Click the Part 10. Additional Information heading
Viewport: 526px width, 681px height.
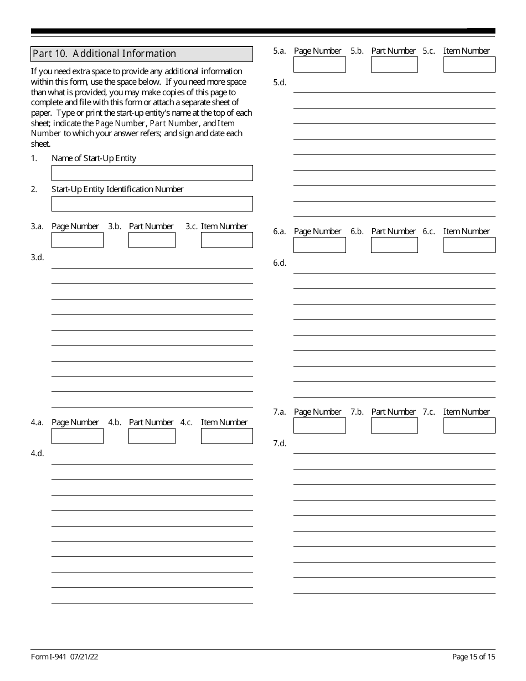click(x=104, y=54)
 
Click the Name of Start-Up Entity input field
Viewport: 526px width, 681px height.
click(x=152, y=173)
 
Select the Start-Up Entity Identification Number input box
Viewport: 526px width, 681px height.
click(x=152, y=204)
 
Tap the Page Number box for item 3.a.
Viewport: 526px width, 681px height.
click(x=78, y=240)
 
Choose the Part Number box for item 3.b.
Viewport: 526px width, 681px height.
click(x=152, y=240)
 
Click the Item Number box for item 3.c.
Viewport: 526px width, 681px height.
click(x=226, y=240)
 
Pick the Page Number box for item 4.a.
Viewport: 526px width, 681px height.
click(x=78, y=436)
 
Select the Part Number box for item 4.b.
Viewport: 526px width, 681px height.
click(x=152, y=436)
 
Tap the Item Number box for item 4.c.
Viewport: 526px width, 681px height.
click(x=226, y=436)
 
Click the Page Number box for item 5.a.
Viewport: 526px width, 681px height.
click(x=319, y=65)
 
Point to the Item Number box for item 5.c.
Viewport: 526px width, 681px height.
click(x=469, y=65)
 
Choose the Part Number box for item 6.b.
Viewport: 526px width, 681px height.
click(x=394, y=245)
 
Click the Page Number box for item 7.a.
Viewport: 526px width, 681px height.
click(x=319, y=426)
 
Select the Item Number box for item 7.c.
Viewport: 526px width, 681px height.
click(x=469, y=426)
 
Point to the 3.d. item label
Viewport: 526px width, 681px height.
click(x=37, y=257)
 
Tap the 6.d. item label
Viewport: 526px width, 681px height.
click(x=280, y=263)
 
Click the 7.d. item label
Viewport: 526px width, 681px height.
click(x=280, y=443)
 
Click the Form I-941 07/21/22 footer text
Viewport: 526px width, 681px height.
click(x=65, y=657)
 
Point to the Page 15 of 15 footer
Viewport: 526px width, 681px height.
click(x=473, y=657)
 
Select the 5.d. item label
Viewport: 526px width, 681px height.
click(x=280, y=82)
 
